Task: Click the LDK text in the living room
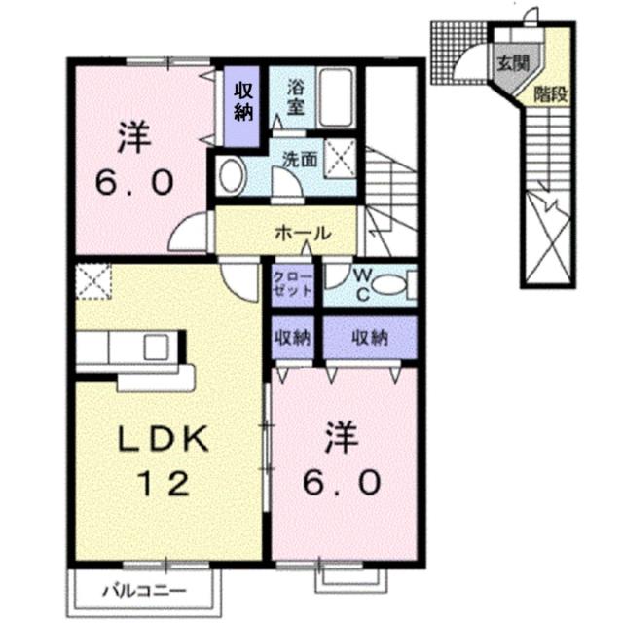164,441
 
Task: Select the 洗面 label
299,159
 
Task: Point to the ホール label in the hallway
303,234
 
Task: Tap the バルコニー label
144,591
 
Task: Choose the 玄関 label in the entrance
513,65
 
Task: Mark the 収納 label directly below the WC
370,338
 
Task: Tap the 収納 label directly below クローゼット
292,338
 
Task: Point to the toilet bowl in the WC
388,284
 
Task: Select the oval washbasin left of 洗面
233,177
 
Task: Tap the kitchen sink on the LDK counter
156,348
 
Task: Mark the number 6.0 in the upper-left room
135,182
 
